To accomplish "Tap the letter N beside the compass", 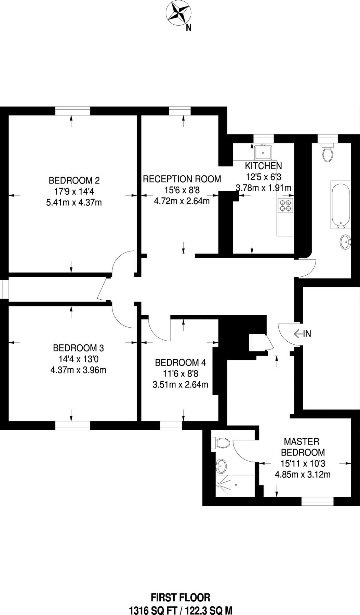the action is [188, 29].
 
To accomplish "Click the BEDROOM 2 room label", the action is [74, 180].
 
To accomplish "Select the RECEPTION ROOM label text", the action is [182, 179].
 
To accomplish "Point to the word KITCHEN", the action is [263, 166].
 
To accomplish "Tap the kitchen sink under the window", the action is [263, 151].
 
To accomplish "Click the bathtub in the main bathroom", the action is [341, 205].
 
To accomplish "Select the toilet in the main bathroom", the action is [328, 152].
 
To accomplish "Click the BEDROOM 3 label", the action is [78, 348].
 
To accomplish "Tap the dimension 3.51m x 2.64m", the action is [180, 385].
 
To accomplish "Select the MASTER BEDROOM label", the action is [302, 447].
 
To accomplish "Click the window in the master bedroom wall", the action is [317, 501].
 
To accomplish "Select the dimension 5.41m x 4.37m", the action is [74, 203].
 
